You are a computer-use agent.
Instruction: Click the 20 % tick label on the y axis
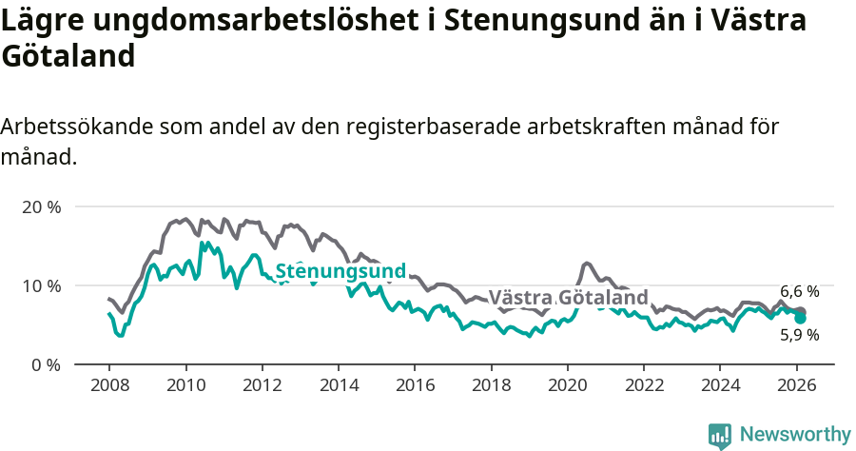(x=40, y=206)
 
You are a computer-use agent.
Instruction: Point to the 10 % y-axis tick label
(x=40, y=285)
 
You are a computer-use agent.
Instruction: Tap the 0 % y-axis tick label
(x=45, y=364)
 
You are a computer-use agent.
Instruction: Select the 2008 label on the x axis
(x=108, y=385)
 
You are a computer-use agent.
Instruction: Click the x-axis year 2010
(x=185, y=385)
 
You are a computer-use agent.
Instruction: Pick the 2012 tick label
(x=262, y=385)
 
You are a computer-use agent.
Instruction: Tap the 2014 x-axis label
(x=338, y=385)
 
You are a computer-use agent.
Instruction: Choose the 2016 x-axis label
(x=415, y=385)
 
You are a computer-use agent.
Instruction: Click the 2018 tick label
(x=491, y=385)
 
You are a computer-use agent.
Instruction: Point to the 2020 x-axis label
(x=567, y=385)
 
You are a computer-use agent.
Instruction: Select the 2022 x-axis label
(x=644, y=385)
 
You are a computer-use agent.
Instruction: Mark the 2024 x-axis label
(x=720, y=385)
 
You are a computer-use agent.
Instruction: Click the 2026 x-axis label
(x=796, y=385)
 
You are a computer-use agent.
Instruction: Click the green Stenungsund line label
(x=340, y=271)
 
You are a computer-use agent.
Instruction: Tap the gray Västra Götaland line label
(x=568, y=297)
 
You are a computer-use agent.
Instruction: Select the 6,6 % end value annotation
(x=799, y=291)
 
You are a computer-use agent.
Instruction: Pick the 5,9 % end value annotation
(x=799, y=335)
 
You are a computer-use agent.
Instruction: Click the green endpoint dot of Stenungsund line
(x=801, y=318)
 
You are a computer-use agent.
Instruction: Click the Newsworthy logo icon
(x=720, y=435)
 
